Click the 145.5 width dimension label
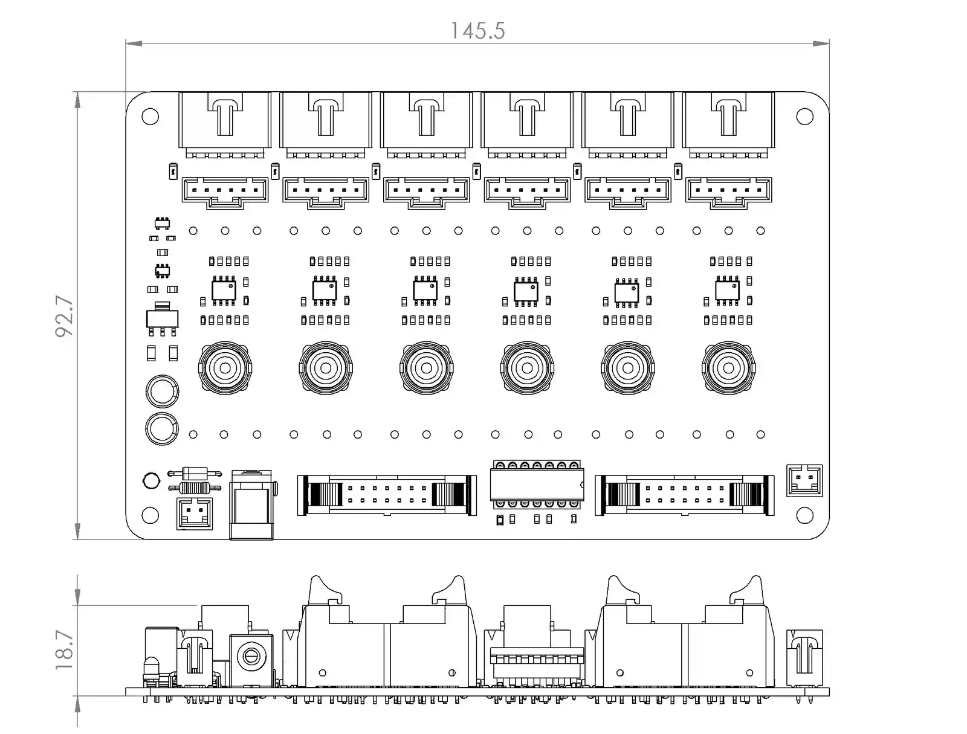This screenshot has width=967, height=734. (477, 31)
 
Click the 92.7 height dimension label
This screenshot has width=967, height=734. (65, 316)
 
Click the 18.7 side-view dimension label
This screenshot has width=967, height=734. (65, 650)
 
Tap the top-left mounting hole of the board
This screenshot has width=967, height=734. (150, 116)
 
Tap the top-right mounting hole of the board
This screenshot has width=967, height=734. (804, 116)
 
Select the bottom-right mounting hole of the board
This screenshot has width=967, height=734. (804, 515)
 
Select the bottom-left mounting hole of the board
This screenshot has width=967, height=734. (150, 515)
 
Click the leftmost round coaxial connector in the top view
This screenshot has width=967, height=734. (225, 368)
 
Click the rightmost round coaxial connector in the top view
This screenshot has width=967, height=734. (728, 368)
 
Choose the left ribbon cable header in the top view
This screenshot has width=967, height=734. (384, 495)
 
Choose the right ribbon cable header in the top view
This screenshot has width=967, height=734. (684, 495)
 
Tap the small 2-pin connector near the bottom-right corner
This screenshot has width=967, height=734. (804, 481)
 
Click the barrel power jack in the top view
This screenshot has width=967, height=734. (252, 504)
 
